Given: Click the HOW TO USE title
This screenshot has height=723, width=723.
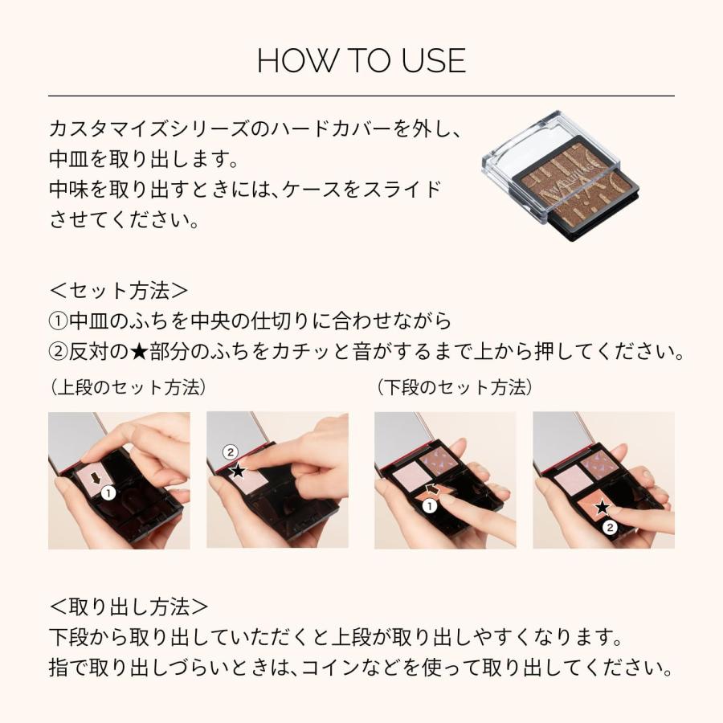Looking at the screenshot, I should click(361, 62).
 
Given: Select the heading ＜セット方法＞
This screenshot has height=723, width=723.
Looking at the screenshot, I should click(120, 290).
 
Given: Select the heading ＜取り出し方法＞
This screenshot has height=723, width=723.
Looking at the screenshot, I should click(129, 606).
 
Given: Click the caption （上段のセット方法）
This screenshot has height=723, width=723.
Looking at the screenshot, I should click(128, 387).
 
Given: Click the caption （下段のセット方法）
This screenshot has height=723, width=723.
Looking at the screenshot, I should click(454, 387).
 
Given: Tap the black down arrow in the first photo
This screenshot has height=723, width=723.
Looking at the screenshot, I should click(97, 480).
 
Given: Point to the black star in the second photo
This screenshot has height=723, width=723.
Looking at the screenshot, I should click(238, 471).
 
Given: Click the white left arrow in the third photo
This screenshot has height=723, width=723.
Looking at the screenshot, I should click(434, 490).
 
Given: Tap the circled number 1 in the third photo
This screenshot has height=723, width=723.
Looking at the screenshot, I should click(430, 506).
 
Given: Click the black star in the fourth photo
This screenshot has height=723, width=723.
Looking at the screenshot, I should click(602, 507).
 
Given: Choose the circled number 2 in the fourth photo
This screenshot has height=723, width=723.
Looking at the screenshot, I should click(610, 527).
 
